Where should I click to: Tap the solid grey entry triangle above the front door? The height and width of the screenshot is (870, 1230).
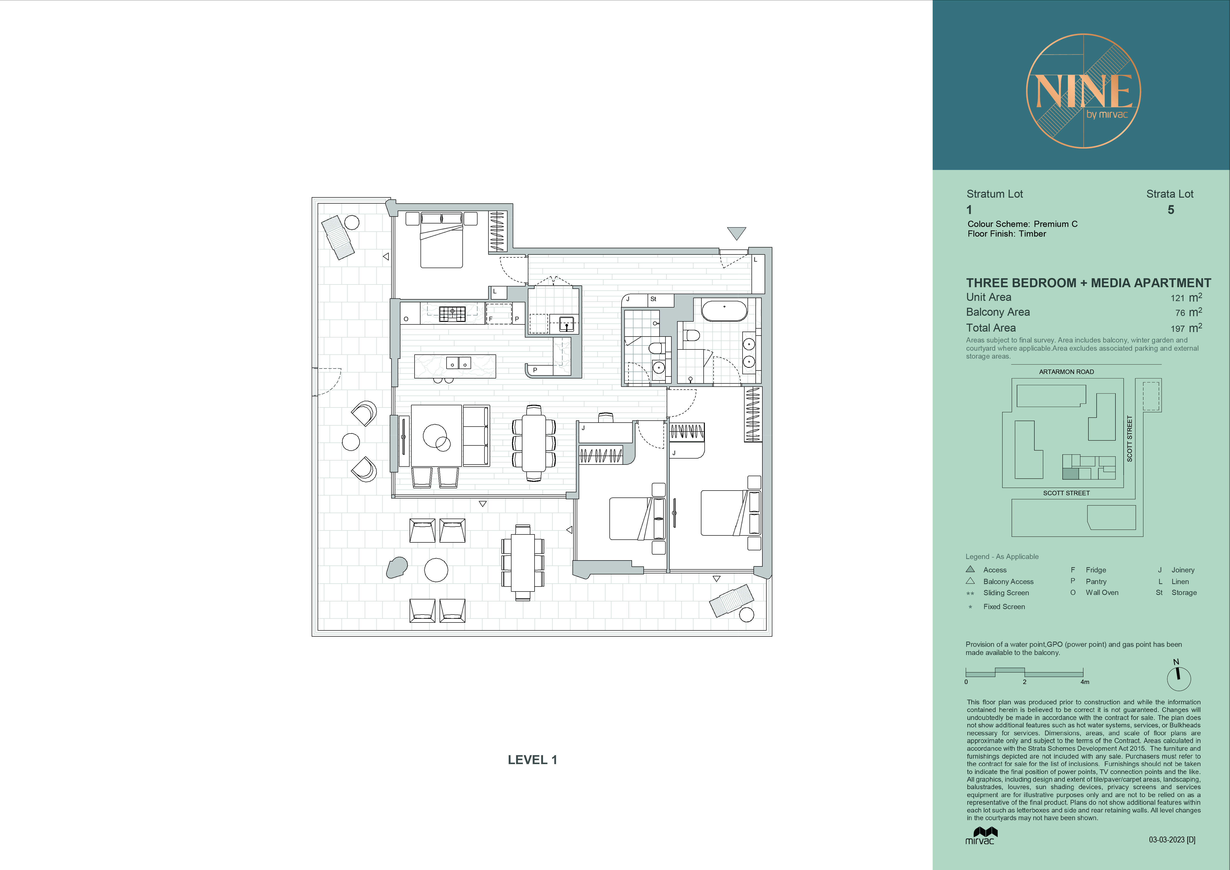click(x=737, y=233)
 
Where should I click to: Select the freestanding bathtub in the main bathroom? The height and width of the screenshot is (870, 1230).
click(x=724, y=311)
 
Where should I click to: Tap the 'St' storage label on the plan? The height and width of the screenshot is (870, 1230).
click(x=653, y=299)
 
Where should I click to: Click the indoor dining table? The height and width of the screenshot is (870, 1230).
click(x=534, y=443)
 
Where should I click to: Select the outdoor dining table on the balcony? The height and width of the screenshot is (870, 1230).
click(x=522, y=562)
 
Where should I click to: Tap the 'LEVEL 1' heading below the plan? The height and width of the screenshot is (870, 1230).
click(x=533, y=760)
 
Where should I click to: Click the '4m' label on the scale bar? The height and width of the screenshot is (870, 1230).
click(x=1085, y=682)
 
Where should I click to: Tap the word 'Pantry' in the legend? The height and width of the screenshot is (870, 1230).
click(x=1096, y=581)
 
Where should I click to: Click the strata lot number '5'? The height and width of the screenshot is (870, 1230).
click(x=1171, y=210)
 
